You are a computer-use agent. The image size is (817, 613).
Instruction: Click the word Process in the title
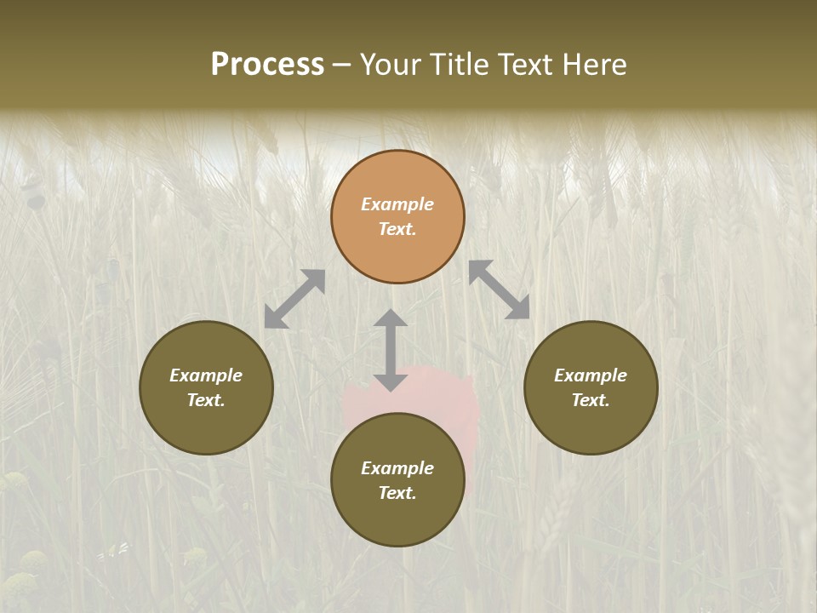coord(267,65)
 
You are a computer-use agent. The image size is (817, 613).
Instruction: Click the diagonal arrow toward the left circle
coord(294,299)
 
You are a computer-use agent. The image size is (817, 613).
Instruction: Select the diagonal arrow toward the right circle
coord(500,289)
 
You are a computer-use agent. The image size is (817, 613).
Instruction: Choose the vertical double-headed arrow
coord(391,350)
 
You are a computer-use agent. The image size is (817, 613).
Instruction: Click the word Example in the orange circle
coord(397,204)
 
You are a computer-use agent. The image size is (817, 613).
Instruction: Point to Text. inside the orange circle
coord(397,229)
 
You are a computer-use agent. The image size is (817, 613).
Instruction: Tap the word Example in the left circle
coord(206,375)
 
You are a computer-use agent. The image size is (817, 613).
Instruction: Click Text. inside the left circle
coord(206,400)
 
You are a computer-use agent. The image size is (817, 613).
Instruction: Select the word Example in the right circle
coord(591,375)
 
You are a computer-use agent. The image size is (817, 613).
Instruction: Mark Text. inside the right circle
coord(591,400)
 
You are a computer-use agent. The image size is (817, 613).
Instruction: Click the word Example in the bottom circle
coord(397,468)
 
